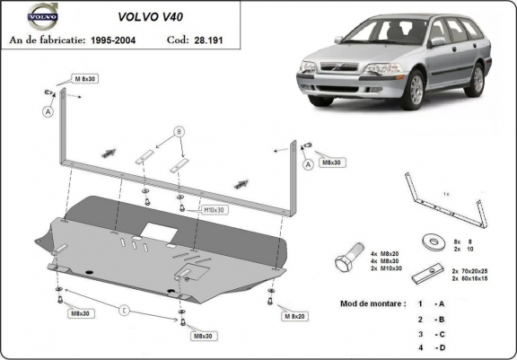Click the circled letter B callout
[x=179, y=132]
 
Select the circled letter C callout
[x=125, y=311]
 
